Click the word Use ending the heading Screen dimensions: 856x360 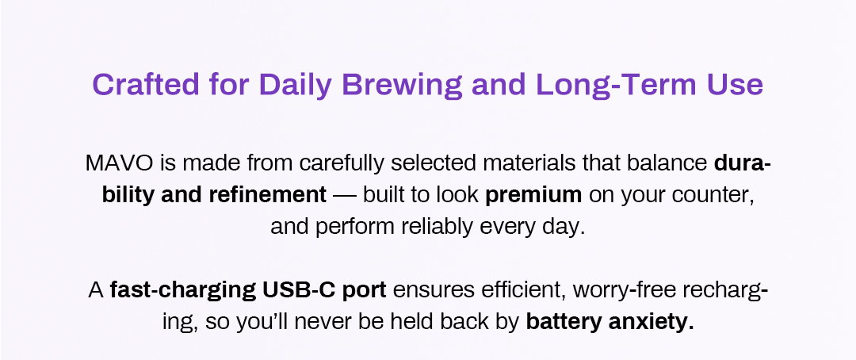tap(735, 85)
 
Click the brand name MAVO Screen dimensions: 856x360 tap(120, 163)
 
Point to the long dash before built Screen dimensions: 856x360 tap(345, 196)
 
